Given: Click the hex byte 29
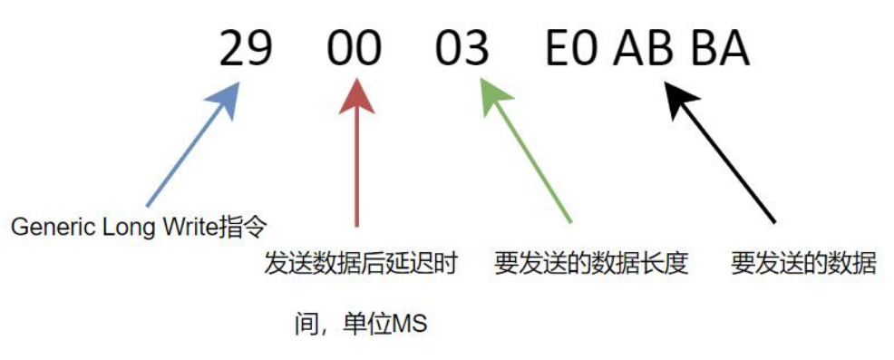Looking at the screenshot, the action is [246, 47].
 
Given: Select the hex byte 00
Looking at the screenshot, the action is [354, 47].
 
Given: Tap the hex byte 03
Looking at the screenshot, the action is [462, 47].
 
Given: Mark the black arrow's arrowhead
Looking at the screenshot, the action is [679, 98].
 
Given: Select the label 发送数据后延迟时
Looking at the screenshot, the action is [359, 265].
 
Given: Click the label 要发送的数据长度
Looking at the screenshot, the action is [591, 265].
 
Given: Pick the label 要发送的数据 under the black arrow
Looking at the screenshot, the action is [803, 265].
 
